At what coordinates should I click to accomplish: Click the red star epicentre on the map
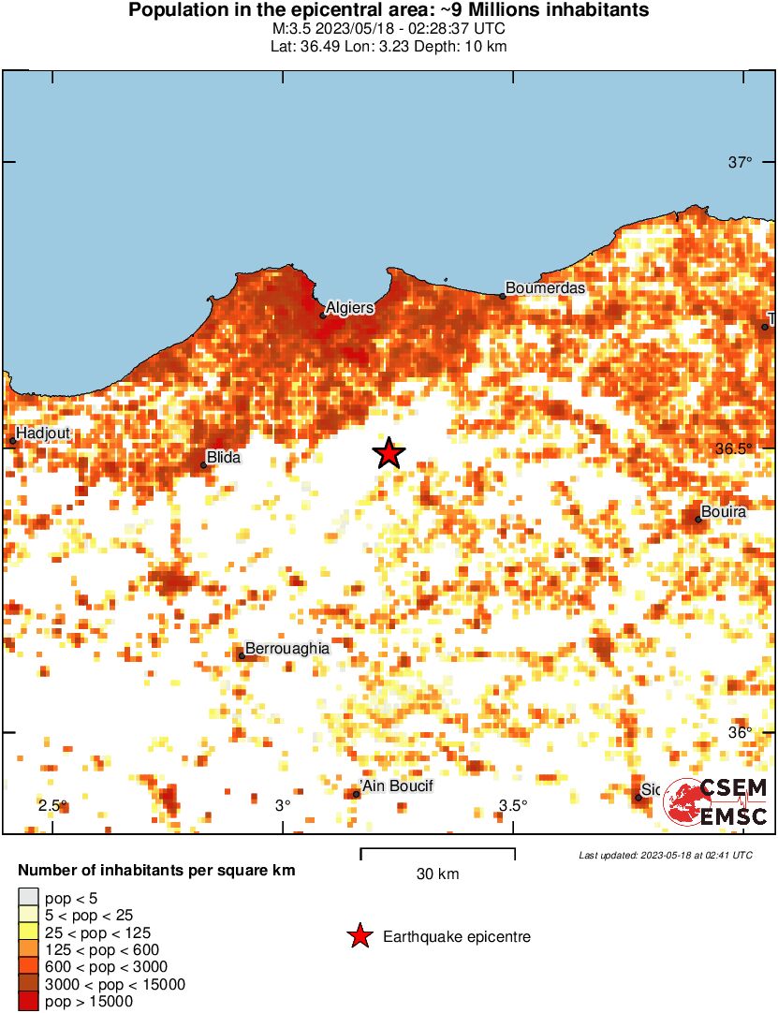(389, 453)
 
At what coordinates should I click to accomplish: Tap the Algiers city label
(350, 307)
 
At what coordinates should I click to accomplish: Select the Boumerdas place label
(545, 287)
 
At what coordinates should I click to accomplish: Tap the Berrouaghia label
(286, 648)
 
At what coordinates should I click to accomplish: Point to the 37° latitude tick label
(741, 163)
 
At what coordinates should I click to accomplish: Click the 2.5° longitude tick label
(52, 805)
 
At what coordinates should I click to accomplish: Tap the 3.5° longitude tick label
(512, 805)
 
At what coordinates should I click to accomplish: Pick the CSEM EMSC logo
(717, 802)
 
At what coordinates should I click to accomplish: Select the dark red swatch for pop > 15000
(29, 1001)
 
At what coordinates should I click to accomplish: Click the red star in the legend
(359, 936)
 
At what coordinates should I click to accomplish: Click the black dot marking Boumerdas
(502, 296)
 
